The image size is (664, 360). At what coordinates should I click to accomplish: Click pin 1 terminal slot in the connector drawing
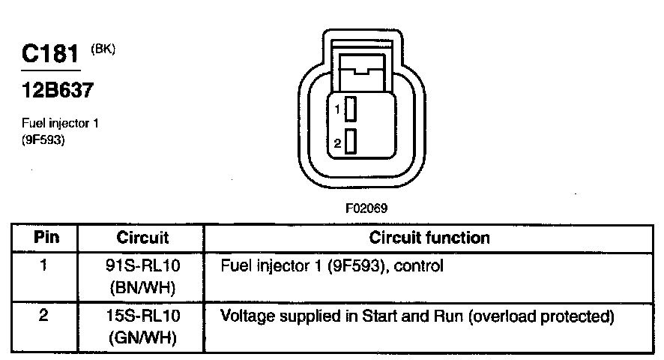[x=350, y=110]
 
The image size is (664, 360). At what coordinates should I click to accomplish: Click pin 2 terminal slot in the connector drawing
[x=350, y=142]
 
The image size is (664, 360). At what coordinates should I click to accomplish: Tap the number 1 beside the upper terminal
[x=338, y=110]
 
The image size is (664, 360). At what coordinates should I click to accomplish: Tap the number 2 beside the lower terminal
[x=338, y=142]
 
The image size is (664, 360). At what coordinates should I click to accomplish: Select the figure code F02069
[x=366, y=208]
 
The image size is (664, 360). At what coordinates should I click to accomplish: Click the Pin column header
[x=44, y=238]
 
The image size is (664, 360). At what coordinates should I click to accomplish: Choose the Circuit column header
[x=142, y=238]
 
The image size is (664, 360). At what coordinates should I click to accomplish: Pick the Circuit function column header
[x=429, y=238]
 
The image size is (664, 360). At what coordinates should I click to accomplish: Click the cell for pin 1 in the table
[x=44, y=265]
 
